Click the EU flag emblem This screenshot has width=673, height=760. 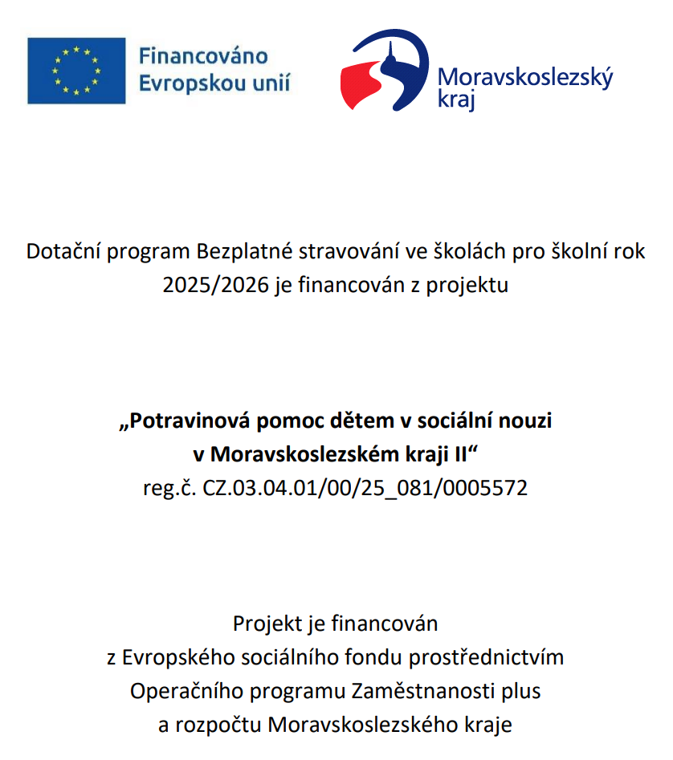pyautogui.click(x=76, y=70)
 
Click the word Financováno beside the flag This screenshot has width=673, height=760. pyautogui.click(x=203, y=57)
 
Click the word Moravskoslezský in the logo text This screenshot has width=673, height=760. pyautogui.click(x=524, y=78)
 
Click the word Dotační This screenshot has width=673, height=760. pyautogui.click(x=59, y=252)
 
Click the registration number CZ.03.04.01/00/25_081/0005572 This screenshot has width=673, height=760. pyautogui.click(x=367, y=487)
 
